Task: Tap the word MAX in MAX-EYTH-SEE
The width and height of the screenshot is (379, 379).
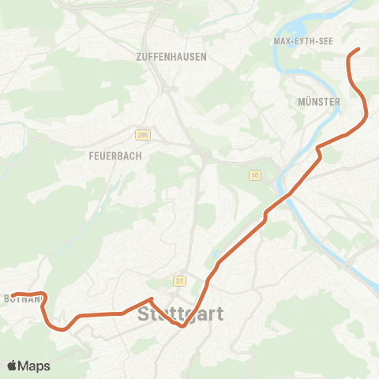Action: coord(282,41)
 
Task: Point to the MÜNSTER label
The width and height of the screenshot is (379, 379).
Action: coord(319,102)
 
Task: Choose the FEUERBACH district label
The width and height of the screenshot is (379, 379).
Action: coord(110,156)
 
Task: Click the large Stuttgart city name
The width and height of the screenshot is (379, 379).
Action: coord(181,314)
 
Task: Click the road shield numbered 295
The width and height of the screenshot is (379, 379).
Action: coord(142,135)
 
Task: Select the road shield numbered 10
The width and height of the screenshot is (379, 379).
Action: coord(254,174)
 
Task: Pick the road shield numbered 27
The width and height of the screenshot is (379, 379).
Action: coord(179,281)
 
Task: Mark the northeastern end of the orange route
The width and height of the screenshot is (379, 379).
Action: coord(358,50)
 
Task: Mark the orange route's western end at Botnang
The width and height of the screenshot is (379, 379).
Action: coord(13,295)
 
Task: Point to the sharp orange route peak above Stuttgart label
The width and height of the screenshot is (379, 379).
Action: coord(150,298)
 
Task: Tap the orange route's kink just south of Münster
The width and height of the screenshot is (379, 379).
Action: coord(318,148)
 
